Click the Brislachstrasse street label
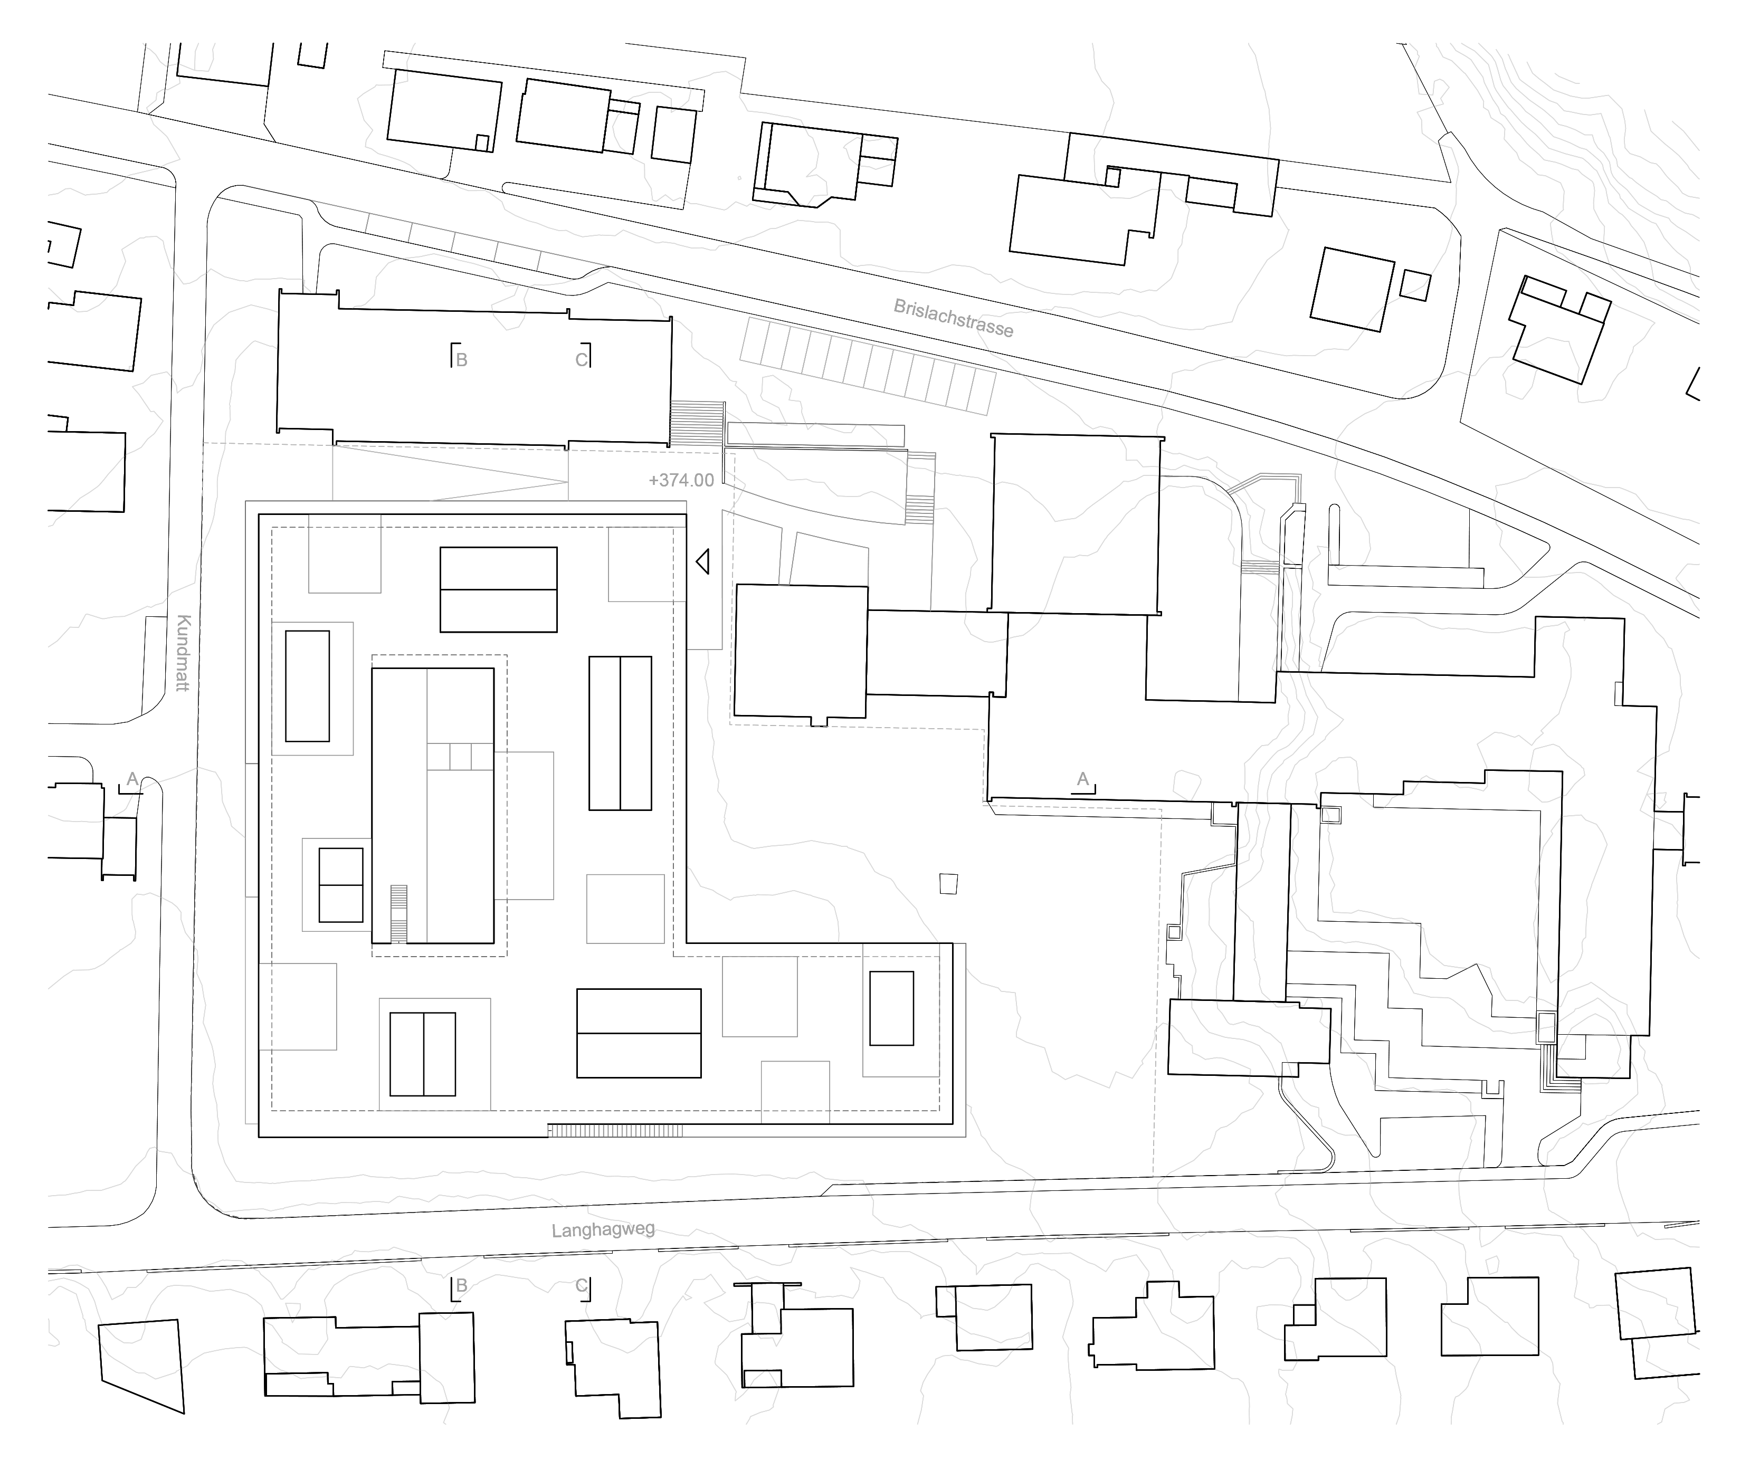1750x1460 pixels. click(x=953, y=318)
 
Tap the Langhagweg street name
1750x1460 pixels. click(x=603, y=1229)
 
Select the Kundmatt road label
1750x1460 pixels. click(x=183, y=653)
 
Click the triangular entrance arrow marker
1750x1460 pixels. click(x=702, y=561)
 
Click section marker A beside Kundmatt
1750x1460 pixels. click(x=131, y=781)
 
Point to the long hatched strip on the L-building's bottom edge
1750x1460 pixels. click(x=615, y=1131)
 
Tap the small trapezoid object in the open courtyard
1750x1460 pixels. click(x=948, y=883)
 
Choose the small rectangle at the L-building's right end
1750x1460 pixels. click(x=892, y=1008)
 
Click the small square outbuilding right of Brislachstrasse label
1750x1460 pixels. click(x=1415, y=285)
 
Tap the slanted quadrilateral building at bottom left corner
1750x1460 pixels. click(x=141, y=1366)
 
